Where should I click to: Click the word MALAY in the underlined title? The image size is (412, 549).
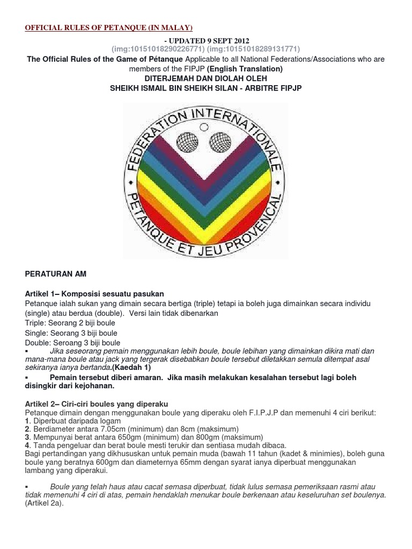point(174,28)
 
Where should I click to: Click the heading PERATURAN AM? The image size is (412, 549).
point(56,273)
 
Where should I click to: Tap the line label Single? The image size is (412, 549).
point(36,333)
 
